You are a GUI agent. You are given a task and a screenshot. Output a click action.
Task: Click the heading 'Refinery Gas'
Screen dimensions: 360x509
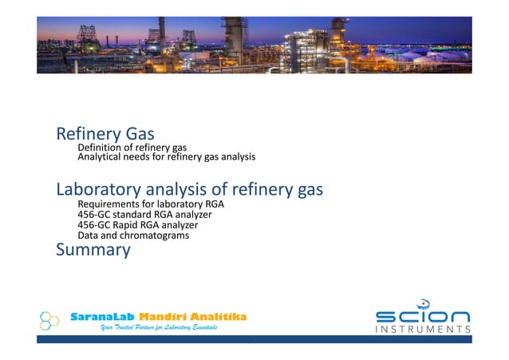(105, 133)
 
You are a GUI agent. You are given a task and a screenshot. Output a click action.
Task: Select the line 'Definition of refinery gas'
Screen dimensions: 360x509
(132, 148)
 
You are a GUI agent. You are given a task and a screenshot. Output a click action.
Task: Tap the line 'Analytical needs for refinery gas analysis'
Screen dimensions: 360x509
(166, 157)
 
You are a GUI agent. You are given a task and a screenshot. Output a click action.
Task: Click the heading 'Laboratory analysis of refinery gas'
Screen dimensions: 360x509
(189, 191)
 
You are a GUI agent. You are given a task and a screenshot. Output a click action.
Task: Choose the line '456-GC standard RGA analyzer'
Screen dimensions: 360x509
(144, 216)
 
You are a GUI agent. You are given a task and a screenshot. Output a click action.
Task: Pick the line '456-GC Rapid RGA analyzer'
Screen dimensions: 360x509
(137, 225)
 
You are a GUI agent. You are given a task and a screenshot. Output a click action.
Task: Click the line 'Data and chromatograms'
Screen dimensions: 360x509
(132, 235)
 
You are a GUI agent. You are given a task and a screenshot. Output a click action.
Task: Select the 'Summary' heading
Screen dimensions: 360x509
(93, 250)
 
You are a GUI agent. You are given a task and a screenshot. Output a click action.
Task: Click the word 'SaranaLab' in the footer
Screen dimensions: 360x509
(102, 317)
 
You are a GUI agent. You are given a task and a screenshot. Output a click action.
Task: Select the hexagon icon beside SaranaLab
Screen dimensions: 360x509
(49, 321)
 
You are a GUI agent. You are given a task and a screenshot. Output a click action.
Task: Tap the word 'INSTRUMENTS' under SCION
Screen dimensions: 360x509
(423, 329)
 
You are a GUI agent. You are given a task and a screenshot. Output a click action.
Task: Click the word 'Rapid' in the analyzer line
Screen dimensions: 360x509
(126, 225)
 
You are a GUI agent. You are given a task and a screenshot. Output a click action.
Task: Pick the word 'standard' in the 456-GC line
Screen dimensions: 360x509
(128, 216)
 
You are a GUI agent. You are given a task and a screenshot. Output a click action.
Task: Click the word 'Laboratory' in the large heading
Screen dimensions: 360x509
(101, 191)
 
